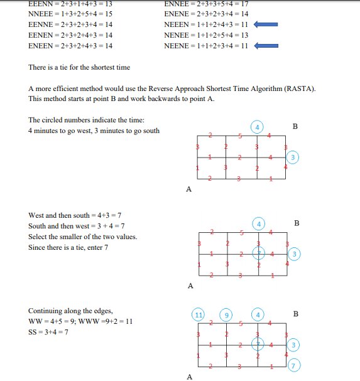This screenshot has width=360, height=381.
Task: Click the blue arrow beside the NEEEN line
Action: tap(266, 24)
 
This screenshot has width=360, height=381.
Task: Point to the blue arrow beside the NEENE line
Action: tap(266, 46)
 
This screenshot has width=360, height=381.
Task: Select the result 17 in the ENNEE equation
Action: tap(245, 4)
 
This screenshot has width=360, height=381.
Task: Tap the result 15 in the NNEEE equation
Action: tap(109, 14)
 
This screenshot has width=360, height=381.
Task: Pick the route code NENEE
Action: tap(175, 35)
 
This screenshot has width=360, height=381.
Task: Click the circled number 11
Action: tap(199, 314)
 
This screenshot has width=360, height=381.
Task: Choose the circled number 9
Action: tap(227, 314)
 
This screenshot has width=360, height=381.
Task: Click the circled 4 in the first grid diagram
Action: tap(258, 126)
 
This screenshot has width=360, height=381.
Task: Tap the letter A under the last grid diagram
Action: tap(188, 377)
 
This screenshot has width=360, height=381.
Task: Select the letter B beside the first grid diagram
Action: tap(295, 126)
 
